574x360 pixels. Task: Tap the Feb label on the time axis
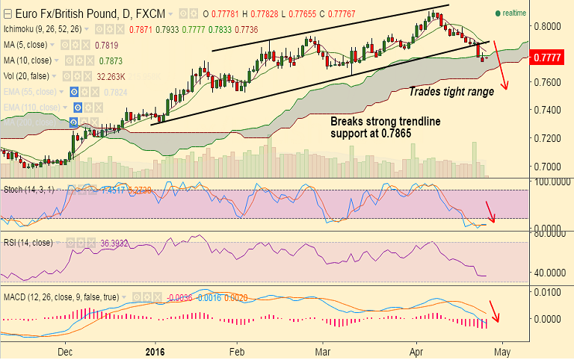pos(237,350)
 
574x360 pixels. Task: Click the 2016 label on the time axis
pos(154,350)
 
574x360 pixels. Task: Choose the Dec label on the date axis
pos(65,350)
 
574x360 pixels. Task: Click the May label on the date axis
pos(502,350)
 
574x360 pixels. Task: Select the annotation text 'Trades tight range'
pos(451,92)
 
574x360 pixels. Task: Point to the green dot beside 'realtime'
pos(498,13)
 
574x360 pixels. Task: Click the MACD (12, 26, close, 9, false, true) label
pos(60,297)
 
